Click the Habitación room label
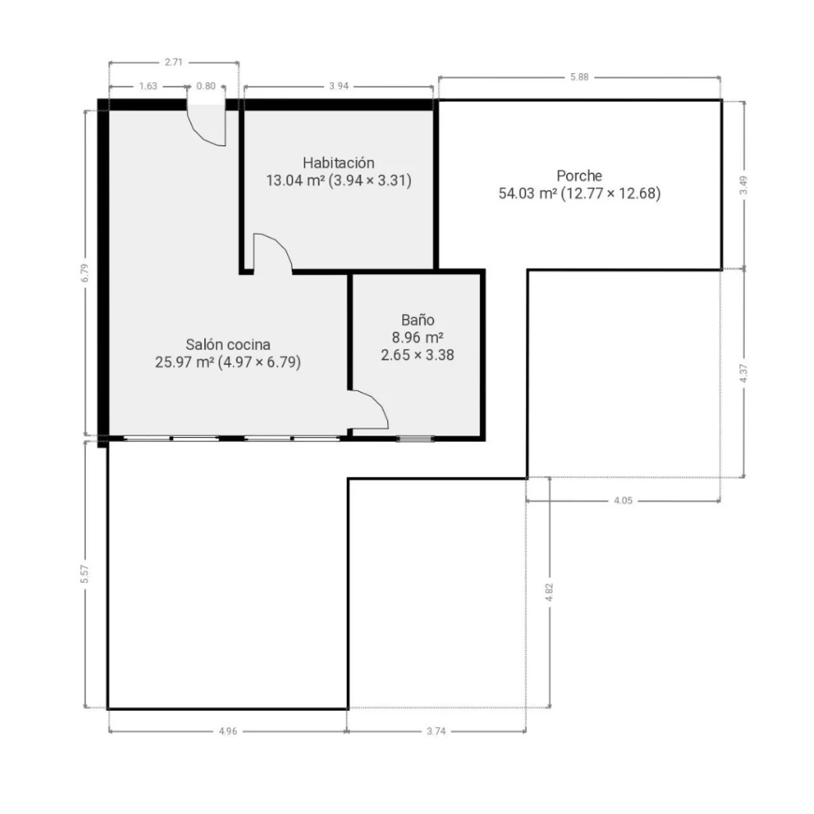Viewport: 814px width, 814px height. tap(339, 163)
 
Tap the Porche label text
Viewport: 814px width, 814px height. tap(579, 176)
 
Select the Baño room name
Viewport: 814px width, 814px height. tap(417, 320)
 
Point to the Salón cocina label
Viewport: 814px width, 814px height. tap(228, 344)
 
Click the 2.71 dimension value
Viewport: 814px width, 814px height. tap(174, 62)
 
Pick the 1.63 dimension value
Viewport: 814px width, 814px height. tap(148, 86)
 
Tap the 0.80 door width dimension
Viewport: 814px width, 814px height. tap(206, 86)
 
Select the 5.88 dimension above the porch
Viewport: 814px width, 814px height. tap(579, 77)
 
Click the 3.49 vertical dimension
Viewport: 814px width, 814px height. tap(743, 185)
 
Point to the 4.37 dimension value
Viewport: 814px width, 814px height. tap(743, 374)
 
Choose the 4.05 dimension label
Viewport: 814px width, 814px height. tap(623, 501)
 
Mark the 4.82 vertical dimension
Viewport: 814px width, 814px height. tap(549, 592)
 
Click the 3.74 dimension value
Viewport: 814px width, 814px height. tap(436, 731)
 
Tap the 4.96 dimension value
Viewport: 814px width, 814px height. tap(228, 731)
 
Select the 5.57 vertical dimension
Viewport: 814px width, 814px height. tap(84, 574)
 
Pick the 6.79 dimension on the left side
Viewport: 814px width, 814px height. tap(84, 273)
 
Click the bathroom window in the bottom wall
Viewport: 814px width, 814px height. tap(415, 439)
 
